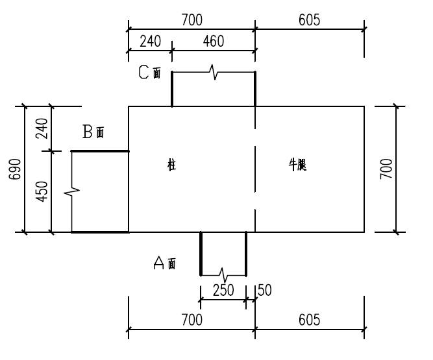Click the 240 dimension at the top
[150, 41]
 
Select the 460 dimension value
[213, 41]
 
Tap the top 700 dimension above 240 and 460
[192, 20]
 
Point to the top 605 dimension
[309, 20]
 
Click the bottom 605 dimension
[309, 320]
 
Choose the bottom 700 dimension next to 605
[192, 320]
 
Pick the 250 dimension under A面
[223, 290]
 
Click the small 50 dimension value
[265, 290]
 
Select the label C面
[150, 72]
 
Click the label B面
[93, 132]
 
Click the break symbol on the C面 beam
[214, 73]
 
